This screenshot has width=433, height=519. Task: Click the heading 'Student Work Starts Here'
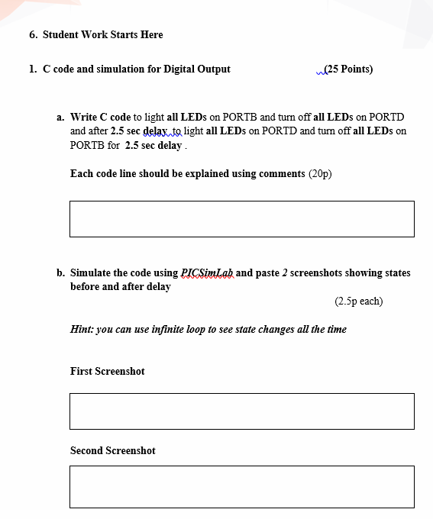102,34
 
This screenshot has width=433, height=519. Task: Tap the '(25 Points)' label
348,69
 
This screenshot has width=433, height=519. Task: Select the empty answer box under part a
241,219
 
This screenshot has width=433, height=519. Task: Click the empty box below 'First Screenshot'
241,411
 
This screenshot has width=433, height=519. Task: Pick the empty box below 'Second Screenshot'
241,487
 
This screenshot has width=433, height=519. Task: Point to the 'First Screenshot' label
107,371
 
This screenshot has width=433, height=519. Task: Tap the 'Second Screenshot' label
112,450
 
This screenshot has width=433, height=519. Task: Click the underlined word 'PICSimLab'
207,272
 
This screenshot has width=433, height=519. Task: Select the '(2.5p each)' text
358,301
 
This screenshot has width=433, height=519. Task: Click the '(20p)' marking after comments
320,173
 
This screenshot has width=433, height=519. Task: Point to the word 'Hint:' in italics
82,329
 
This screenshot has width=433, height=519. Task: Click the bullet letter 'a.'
60,117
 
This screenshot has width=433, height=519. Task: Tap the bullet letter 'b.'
60,272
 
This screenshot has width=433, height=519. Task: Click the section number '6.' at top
33,34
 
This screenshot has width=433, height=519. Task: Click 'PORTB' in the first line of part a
240,117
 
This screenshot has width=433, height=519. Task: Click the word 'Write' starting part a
83,117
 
